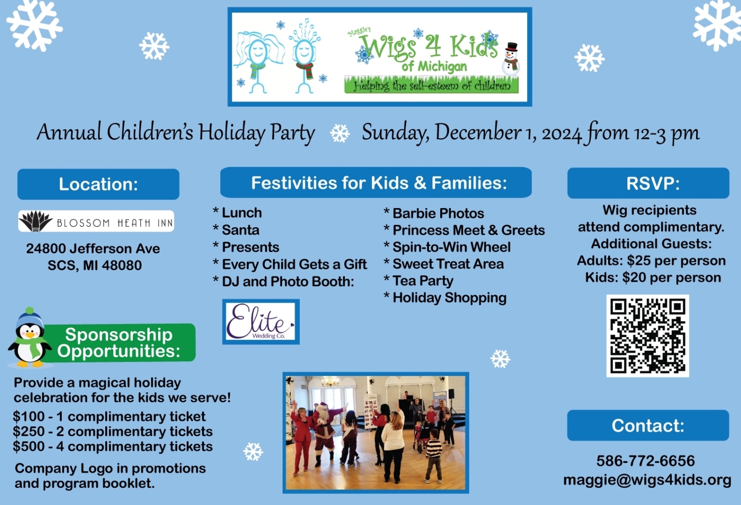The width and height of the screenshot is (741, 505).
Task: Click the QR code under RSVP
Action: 647,336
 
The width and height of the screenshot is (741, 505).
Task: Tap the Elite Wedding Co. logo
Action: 261,322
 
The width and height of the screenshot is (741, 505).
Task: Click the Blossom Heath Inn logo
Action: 96,221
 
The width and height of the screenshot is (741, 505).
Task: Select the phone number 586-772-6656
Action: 645,461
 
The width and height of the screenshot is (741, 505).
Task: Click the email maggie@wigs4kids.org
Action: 647,480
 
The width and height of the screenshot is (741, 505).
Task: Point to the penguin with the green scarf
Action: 29,337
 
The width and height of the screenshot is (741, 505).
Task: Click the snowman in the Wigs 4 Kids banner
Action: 511,59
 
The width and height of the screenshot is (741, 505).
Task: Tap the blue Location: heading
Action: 98,184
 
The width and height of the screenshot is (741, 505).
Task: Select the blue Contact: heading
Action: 648,425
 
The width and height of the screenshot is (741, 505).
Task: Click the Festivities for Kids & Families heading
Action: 376,182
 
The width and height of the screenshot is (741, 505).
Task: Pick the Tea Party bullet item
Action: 418,281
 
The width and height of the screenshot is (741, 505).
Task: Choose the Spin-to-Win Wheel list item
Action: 447,247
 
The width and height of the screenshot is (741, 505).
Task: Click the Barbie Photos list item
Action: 434,213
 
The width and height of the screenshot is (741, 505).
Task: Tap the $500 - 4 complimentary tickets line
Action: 113,446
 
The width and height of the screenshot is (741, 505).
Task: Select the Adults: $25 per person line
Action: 652,260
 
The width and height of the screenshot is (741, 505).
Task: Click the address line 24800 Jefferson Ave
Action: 93,248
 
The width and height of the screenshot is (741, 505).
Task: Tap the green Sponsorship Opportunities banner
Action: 119,342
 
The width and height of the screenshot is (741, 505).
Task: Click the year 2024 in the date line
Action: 561,133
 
